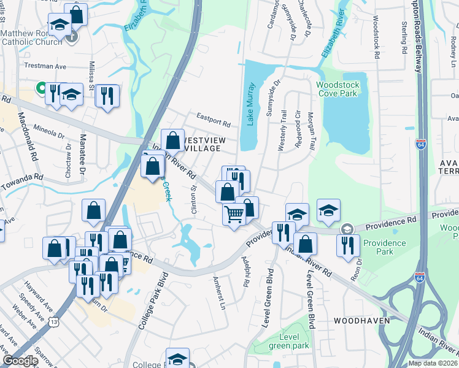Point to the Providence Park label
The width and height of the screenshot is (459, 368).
tap(385, 247)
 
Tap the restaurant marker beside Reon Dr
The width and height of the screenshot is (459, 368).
tap(348, 245)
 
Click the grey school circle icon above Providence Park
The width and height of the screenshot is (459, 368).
tap(347, 228)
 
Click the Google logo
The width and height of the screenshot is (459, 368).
tap(20, 361)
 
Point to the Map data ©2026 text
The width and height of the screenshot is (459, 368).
tap(432, 363)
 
